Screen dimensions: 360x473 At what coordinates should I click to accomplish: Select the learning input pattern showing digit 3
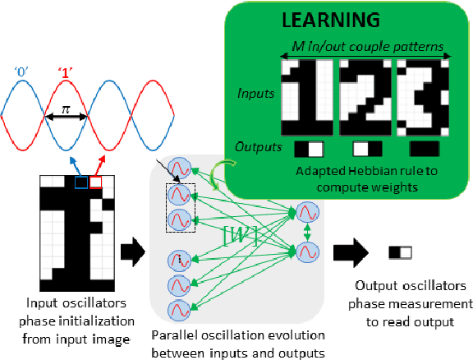[425, 97]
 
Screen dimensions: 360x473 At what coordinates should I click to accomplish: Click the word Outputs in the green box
[256, 149]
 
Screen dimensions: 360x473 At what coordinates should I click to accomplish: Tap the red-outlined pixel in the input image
[95, 182]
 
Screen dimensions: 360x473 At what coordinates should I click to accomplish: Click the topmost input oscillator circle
[179, 170]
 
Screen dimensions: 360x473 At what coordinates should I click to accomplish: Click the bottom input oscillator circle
[179, 310]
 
